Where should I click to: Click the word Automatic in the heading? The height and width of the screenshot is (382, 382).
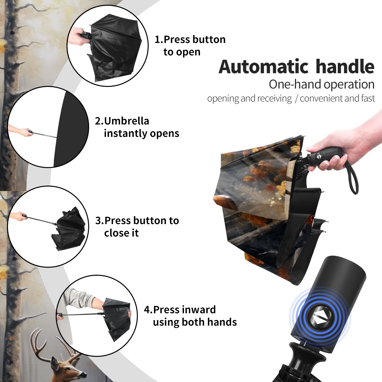point(264,67)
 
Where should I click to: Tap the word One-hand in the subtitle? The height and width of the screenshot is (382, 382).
point(295,84)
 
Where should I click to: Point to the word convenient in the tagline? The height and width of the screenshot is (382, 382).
point(321,98)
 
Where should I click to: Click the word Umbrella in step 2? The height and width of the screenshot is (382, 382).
point(126,121)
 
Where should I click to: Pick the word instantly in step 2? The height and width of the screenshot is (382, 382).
point(125,133)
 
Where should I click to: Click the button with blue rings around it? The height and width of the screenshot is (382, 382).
point(320,320)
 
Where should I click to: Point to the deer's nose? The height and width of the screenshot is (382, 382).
point(84,375)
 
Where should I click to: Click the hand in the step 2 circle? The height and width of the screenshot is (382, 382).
point(26,132)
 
